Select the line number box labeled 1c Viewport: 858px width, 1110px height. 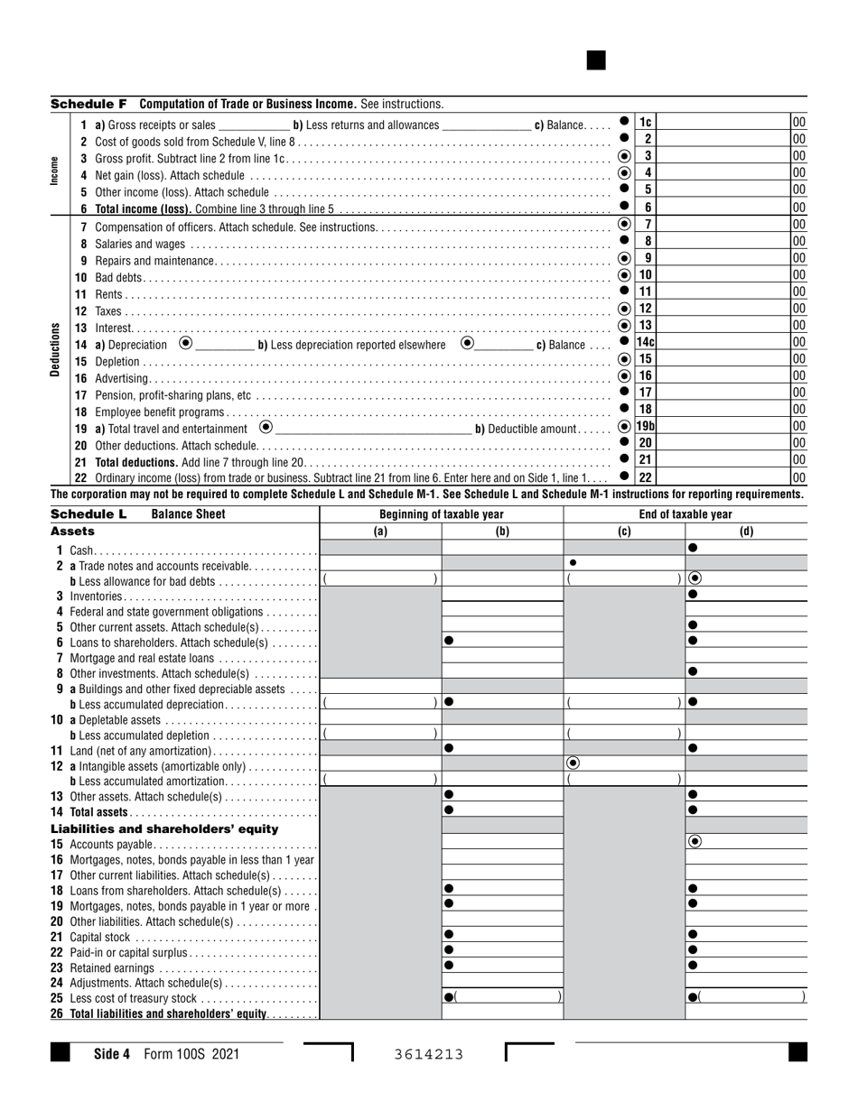646,123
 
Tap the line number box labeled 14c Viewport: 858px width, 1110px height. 646,343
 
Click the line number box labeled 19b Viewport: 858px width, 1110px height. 646,426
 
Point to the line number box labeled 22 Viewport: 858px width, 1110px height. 646,477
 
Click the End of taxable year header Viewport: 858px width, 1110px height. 685,514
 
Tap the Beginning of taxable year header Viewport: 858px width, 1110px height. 442,514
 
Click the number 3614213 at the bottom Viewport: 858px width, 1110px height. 429,1054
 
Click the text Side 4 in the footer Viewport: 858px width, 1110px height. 112,1053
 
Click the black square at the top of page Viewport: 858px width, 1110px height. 596,60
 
